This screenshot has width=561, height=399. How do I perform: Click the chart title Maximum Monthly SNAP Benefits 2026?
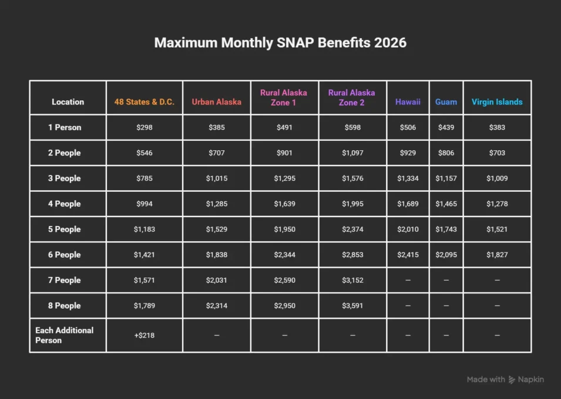click(280, 43)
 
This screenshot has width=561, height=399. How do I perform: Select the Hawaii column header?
click(408, 102)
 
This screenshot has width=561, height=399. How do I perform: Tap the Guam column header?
click(446, 102)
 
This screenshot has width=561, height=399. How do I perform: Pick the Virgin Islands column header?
click(497, 102)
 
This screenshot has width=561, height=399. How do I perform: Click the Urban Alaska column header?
click(216, 102)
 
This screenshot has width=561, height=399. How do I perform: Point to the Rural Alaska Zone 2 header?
click(351, 97)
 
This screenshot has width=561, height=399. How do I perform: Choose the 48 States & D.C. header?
click(145, 102)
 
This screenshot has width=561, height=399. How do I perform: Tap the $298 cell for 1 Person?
click(145, 127)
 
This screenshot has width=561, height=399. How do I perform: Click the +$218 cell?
click(145, 335)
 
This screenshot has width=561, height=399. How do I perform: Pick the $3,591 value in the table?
click(351, 306)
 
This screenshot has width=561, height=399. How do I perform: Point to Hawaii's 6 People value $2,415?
click(408, 255)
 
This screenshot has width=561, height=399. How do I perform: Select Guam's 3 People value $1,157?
click(446, 178)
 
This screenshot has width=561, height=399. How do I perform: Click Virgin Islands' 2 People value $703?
click(497, 153)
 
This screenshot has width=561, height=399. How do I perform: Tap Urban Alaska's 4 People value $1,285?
click(216, 204)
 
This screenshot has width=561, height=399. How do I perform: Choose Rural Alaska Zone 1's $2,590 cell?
click(284, 280)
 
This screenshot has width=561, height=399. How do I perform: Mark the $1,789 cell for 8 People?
click(145, 306)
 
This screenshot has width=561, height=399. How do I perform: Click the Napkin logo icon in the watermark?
click(512, 380)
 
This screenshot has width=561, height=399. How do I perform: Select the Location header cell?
click(68, 102)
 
